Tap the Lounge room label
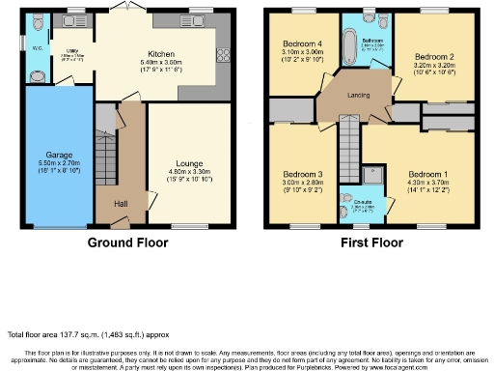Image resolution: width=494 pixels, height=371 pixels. (188, 164)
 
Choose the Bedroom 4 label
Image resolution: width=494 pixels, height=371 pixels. (301, 44)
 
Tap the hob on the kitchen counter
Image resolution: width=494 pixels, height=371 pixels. (224, 54)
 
